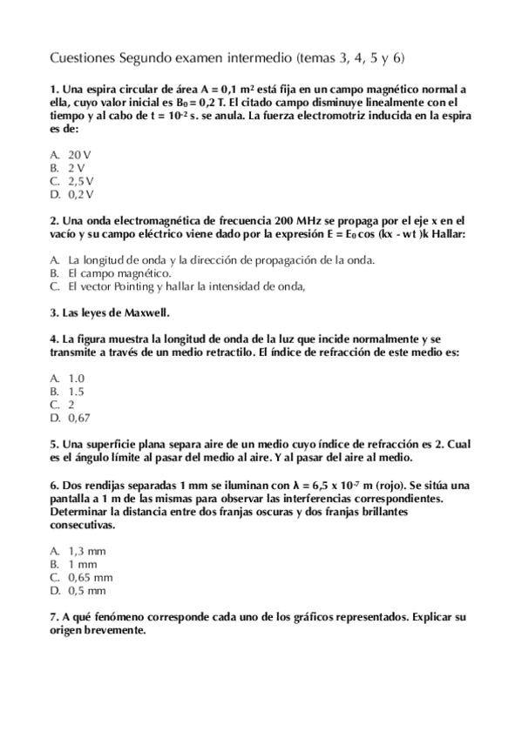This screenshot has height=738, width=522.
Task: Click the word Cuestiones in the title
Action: [81, 58]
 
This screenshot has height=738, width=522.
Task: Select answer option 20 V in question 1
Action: [80, 154]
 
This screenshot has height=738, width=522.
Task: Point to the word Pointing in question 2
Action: [128, 285]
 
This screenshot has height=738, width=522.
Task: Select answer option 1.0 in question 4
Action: [76, 378]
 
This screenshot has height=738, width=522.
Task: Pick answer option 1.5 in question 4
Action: [76, 391]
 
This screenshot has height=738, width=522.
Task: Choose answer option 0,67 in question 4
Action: [78, 418]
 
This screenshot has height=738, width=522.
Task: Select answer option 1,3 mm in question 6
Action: [86, 550]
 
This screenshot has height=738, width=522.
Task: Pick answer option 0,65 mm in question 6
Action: [90, 576]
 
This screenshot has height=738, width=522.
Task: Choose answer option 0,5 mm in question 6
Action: [86, 589]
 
